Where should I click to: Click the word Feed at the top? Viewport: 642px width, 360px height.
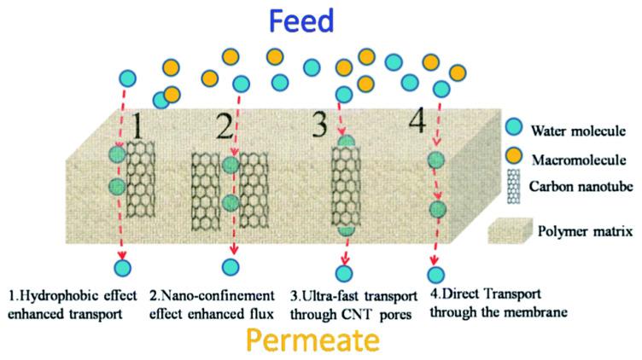click(322, 20)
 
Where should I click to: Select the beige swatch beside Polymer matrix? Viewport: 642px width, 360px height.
click(511, 228)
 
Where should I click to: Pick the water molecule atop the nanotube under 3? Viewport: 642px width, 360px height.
click(346, 143)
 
